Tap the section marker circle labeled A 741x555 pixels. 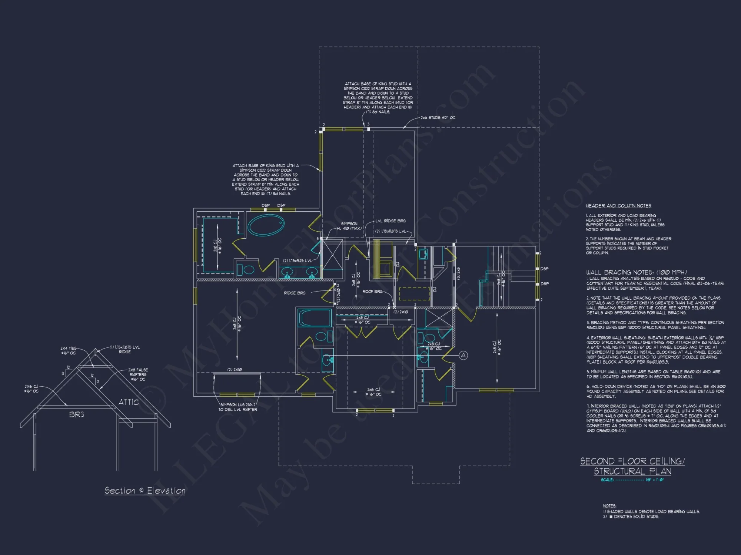(x=463, y=356)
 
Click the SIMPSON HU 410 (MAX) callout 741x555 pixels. (x=349, y=226)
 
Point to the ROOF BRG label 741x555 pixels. (x=372, y=292)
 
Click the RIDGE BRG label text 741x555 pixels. (x=295, y=293)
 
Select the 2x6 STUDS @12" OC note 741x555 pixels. (x=438, y=118)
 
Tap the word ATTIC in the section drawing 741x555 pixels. (x=129, y=402)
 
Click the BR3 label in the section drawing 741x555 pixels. (x=77, y=415)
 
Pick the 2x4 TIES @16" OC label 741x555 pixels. (x=69, y=351)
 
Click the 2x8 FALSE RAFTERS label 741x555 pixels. (x=138, y=374)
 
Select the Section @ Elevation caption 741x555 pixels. (x=145, y=491)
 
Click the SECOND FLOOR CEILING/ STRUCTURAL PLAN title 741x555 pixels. (x=632, y=466)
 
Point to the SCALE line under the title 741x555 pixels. (x=632, y=480)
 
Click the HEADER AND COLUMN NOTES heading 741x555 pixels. (x=618, y=206)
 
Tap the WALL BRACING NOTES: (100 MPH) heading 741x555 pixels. (x=636, y=272)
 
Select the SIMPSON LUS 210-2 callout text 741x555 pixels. (x=237, y=407)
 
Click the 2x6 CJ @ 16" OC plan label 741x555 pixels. (x=373, y=392)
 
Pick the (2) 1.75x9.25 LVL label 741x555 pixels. (x=297, y=261)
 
